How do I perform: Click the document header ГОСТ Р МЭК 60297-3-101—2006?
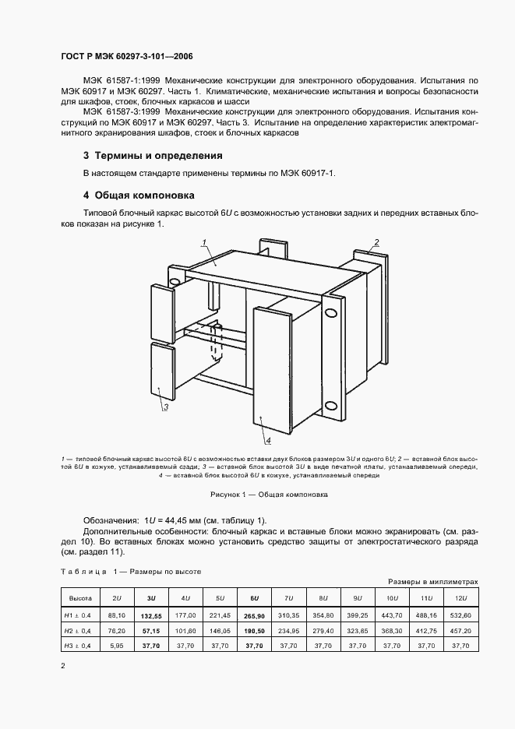pyautogui.click(x=126, y=57)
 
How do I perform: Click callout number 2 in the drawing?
pyautogui.click(x=376, y=241)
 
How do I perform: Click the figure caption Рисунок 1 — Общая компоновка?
pyautogui.click(x=257, y=495)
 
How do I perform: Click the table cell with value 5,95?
pyautogui.click(x=116, y=646)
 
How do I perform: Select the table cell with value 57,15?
pyautogui.click(x=150, y=629)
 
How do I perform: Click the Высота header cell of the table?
pyautogui.click(x=79, y=597)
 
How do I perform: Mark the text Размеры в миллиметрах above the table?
pyautogui.click(x=432, y=582)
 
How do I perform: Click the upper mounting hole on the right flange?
pyautogui.click(x=331, y=313)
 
